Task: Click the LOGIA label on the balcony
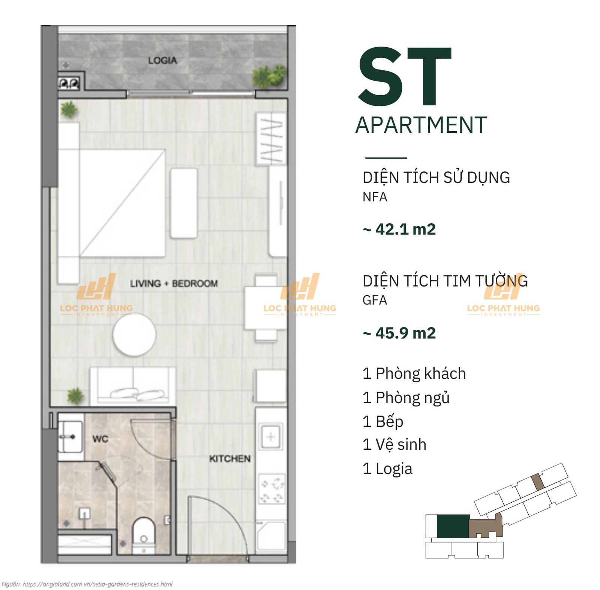(x=162, y=60)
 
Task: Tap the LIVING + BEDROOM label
(x=174, y=284)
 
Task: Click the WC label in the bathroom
(x=100, y=439)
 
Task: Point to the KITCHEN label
(x=230, y=459)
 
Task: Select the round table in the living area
(x=134, y=335)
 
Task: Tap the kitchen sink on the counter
(x=271, y=437)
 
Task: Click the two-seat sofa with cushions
(x=133, y=386)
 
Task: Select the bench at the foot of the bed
(x=184, y=203)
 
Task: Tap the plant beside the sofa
(x=75, y=396)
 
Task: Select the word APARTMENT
(x=421, y=125)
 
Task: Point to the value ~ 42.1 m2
(x=399, y=229)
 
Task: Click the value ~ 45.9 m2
(x=399, y=333)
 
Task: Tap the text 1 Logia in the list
(x=387, y=469)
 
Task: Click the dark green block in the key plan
(x=453, y=526)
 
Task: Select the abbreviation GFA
(x=375, y=300)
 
